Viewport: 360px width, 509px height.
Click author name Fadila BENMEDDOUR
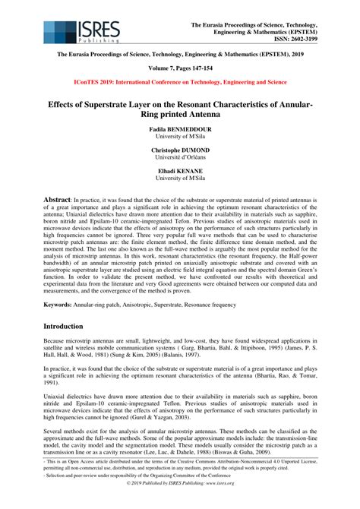click(x=180, y=130)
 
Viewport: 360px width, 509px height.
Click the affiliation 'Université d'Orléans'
click(x=180, y=160)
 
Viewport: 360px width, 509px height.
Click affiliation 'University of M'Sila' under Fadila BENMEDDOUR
click(x=180, y=138)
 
